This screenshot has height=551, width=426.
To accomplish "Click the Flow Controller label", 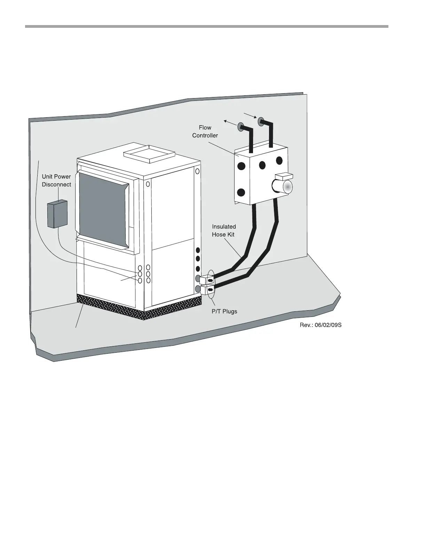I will [205, 131].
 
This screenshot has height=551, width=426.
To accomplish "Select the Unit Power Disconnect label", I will [56, 181].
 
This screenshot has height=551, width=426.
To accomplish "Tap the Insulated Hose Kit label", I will [224, 231].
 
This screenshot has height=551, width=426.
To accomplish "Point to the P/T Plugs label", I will [224, 311].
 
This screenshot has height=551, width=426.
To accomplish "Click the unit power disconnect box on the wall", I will [57, 214].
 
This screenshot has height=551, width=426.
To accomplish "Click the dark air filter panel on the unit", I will [102, 209].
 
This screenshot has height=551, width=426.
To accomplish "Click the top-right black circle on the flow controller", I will [279, 160].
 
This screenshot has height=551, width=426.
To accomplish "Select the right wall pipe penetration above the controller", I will [261, 122].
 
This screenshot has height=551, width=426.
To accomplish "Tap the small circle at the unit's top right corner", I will [197, 171].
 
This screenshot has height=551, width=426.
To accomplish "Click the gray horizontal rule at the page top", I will [207, 26].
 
